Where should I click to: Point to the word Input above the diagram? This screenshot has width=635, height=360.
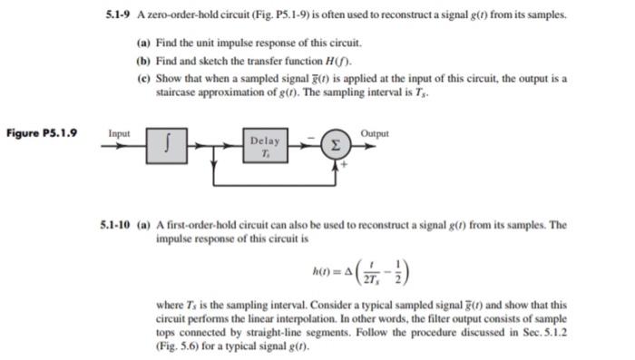pos(120,133)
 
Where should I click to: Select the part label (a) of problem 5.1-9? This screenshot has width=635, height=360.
pos(143,43)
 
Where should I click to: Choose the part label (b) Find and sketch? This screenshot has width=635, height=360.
pos(143,61)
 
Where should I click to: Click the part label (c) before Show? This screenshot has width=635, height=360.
pos(143,79)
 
